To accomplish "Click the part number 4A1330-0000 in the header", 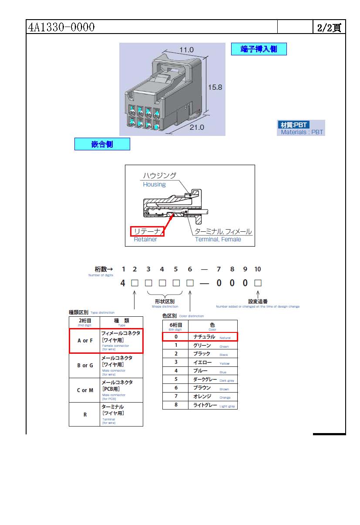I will point(61,27).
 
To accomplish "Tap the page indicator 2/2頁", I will point(329,28).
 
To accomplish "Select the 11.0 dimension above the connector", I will point(185,50).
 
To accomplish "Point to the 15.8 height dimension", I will point(215,87).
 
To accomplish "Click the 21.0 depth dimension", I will point(196,127).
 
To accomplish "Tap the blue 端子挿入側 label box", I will point(259,49).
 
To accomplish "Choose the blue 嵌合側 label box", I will point(102,144).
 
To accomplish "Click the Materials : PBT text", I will point(302,132).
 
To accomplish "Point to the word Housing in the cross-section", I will point(154,184).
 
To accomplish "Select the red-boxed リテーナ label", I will point(147,231).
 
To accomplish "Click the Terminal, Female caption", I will point(218,239).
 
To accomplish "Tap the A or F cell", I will point(85,341).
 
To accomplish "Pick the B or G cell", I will point(85,366).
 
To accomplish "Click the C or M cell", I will point(85,390).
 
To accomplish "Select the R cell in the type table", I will point(85,414).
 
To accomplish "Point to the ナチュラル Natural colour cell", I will point(212,337).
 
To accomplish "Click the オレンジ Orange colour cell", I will point(212,396).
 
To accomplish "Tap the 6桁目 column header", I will point(175,326).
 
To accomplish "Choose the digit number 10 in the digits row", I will point(258,269).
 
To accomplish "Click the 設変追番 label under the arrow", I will point(258,301).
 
